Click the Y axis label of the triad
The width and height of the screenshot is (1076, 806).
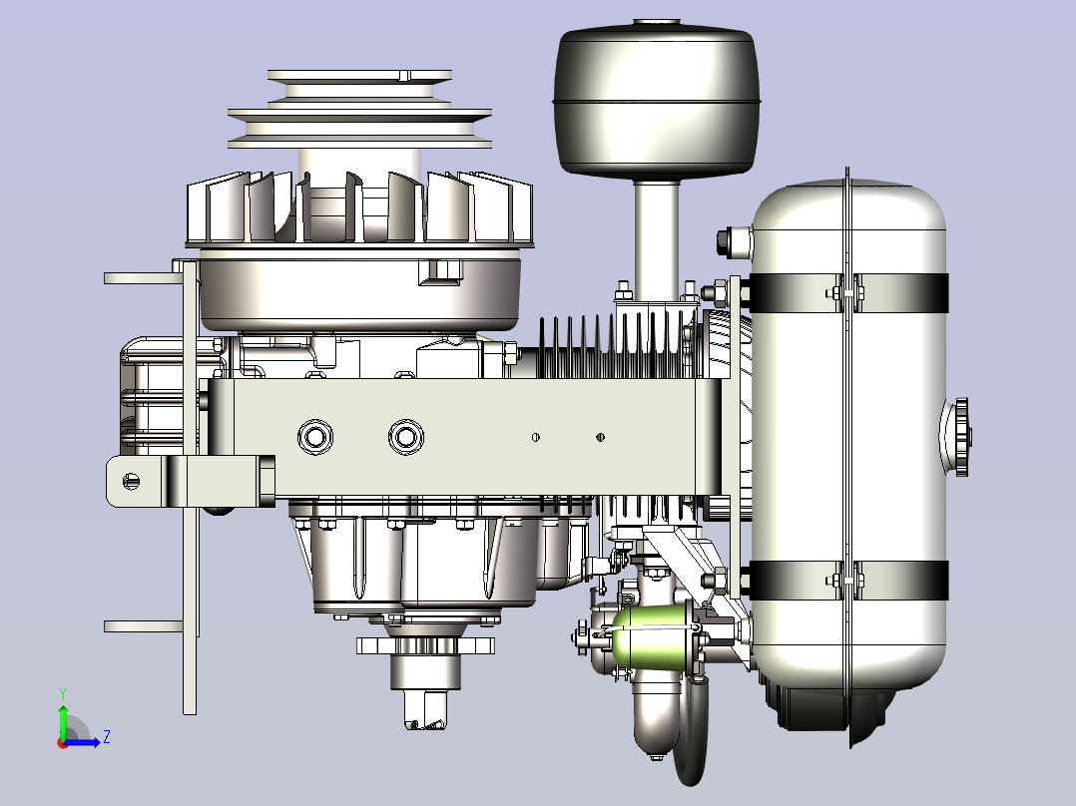[63, 693]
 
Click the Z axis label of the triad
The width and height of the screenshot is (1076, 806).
[107, 737]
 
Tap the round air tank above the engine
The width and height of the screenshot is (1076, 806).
[657, 99]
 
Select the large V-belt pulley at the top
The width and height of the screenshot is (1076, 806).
[359, 109]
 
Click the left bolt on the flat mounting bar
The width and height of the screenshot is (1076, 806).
[315, 436]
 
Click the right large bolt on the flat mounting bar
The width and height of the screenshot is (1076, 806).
[406, 436]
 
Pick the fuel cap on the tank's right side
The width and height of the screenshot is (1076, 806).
[959, 437]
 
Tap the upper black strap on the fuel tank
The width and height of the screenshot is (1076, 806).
[848, 293]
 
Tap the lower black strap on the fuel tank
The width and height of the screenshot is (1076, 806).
[848, 580]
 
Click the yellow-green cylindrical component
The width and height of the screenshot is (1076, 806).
[652, 635]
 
